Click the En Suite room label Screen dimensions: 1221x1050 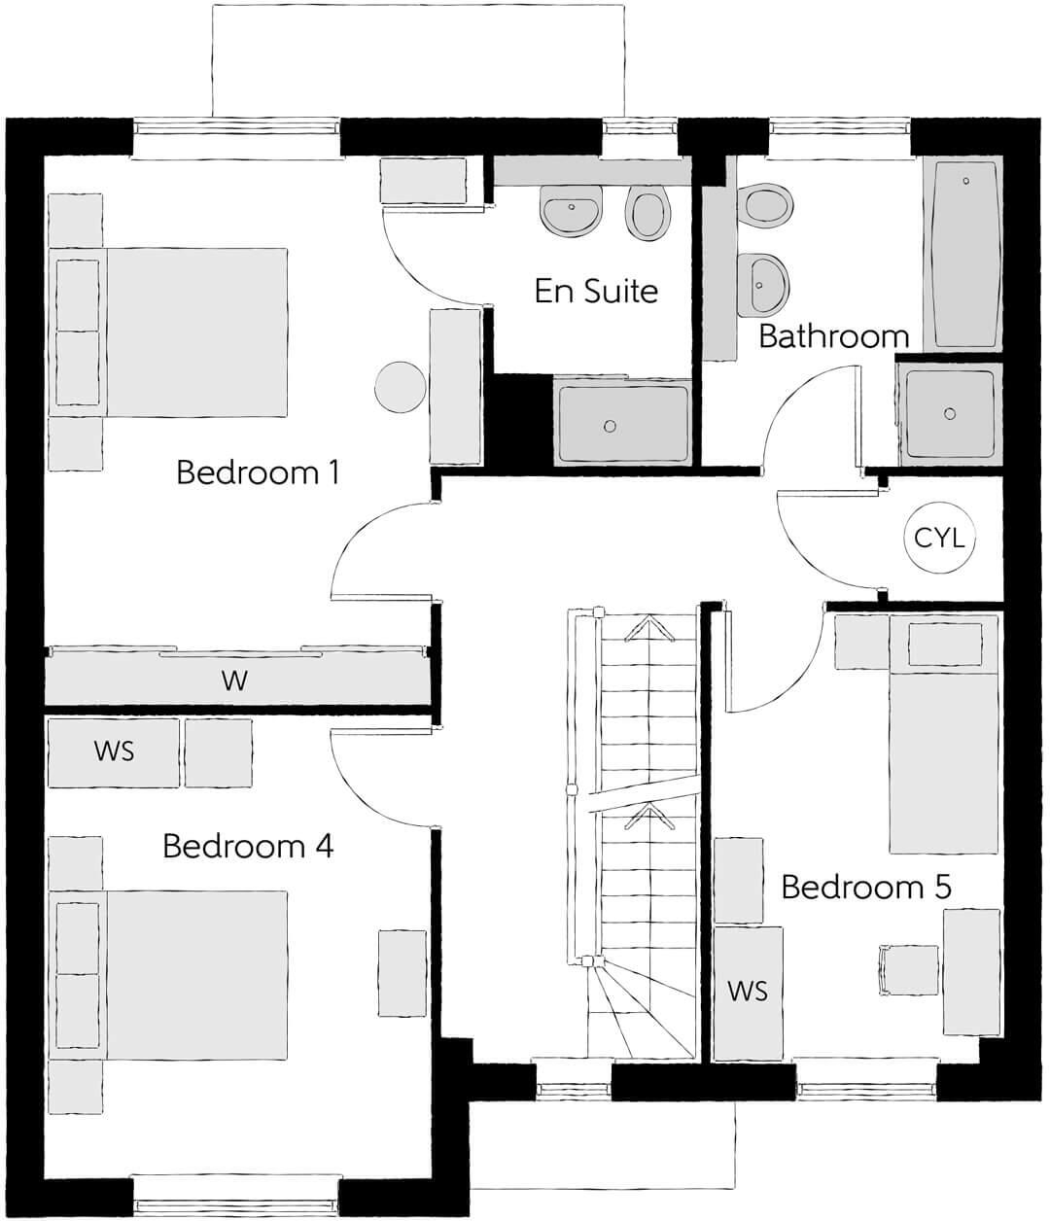point(596,291)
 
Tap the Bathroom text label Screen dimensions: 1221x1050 point(833,336)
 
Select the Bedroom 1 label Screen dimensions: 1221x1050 point(258,473)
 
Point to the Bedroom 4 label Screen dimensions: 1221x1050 point(248,847)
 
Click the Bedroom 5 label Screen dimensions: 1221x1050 point(865,888)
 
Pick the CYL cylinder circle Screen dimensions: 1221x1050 point(939,538)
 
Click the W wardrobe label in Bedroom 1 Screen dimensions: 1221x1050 point(234,680)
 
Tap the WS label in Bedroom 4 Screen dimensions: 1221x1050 point(114,750)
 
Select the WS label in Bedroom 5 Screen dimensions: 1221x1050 point(748,991)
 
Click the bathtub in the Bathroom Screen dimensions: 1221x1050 point(965,255)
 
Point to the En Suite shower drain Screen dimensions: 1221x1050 point(610,426)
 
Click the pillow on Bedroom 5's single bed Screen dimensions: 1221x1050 point(944,645)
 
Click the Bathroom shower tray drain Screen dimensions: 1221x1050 point(950,413)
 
